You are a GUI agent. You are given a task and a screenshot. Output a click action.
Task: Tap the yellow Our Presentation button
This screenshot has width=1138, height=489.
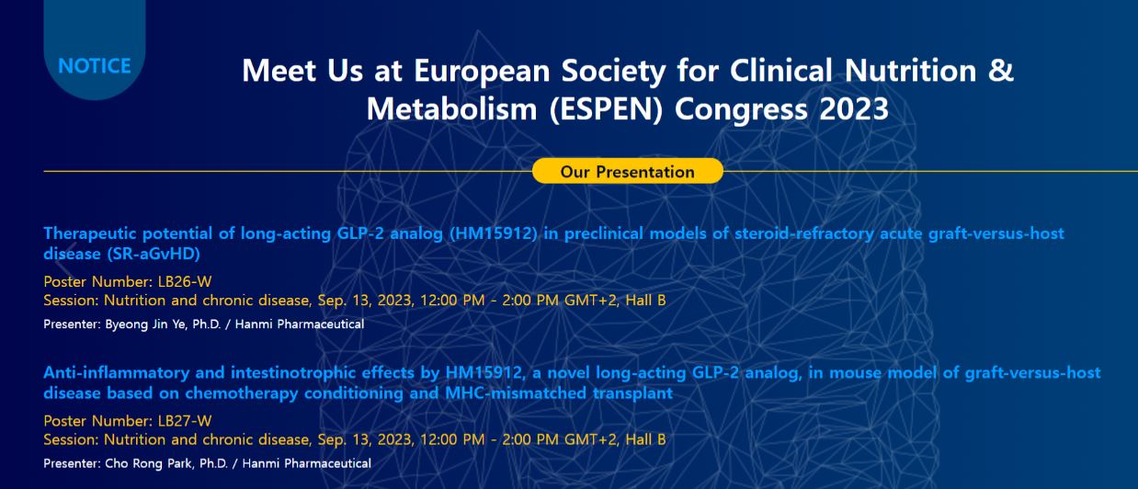[x=628, y=171]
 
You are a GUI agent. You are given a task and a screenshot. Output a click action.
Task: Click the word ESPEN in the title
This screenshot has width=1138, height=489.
[x=606, y=109]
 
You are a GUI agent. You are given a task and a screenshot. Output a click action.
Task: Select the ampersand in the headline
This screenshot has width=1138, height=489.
[x=1001, y=70]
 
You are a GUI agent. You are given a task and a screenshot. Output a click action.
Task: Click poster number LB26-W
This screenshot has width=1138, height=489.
[x=185, y=281]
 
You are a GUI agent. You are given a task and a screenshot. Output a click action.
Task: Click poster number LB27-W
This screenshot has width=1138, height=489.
[x=185, y=420]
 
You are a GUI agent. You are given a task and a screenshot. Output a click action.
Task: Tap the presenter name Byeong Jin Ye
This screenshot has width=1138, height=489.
[x=145, y=324]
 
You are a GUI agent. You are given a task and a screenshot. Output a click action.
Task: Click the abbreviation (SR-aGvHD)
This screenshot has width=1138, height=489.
[x=154, y=254]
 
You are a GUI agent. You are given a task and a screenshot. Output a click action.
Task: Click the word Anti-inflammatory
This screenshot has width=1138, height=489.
[x=117, y=372]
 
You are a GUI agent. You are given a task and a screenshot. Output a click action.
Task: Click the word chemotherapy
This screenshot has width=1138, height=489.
[x=242, y=393]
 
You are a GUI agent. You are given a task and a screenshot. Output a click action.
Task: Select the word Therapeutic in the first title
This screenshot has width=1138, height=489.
[x=89, y=233]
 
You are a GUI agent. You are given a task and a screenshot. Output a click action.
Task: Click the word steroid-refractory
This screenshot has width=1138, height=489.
[x=804, y=233]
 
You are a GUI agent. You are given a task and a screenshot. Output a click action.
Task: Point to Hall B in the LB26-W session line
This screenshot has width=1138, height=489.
[x=645, y=300]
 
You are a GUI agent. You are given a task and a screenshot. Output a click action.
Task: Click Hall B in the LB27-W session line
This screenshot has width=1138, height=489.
[x=645, y=439]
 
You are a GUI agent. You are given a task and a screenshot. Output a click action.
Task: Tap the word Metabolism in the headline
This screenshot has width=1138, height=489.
[x=451, y=109]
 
